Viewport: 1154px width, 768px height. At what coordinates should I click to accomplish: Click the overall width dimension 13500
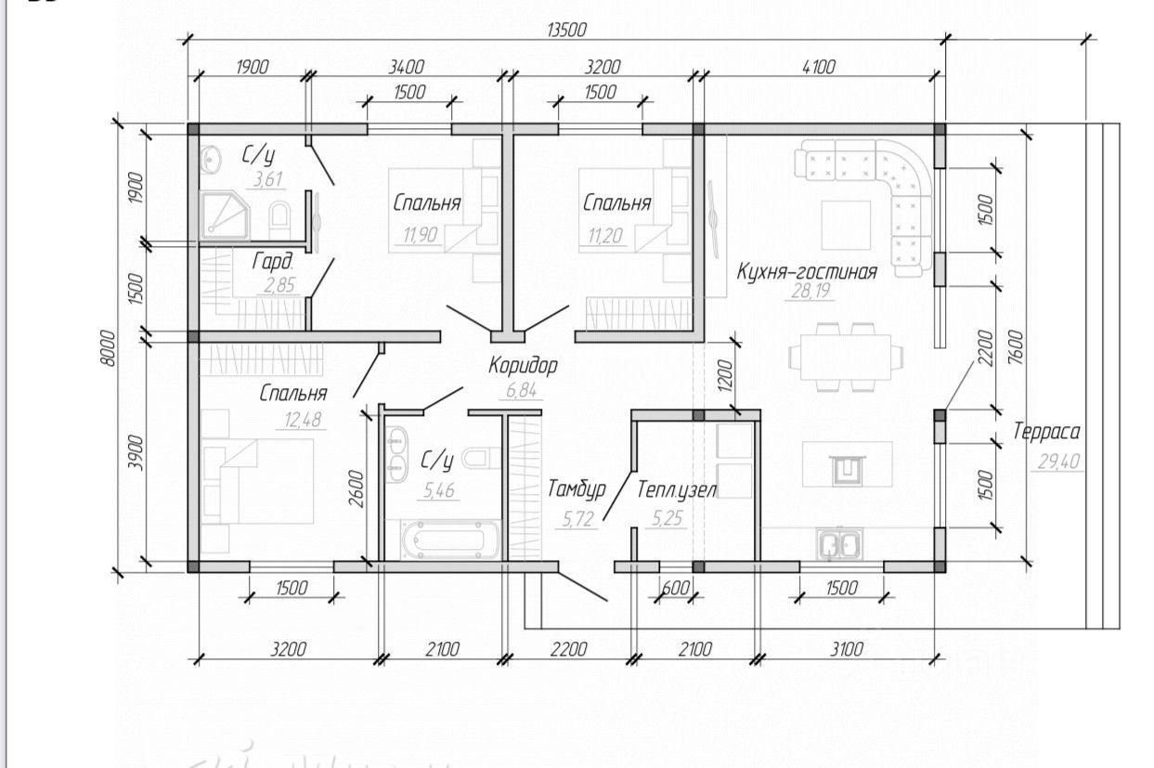(566, 30)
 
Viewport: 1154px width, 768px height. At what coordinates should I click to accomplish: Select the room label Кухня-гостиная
(806, 272)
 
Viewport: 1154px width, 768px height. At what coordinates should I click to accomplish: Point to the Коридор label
(523, 365)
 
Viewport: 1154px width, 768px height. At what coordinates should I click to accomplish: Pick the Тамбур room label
(576, 488)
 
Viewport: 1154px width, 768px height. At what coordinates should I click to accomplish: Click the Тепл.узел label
(677, 488)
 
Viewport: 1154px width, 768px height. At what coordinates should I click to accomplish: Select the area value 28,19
(810, 293)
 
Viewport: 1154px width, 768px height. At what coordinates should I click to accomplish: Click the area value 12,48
(299, 419)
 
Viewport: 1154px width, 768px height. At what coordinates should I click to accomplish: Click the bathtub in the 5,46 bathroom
(449, 540)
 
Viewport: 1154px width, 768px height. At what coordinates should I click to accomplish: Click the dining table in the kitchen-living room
(844, 356)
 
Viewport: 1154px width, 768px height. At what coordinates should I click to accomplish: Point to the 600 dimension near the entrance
(677, 588)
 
